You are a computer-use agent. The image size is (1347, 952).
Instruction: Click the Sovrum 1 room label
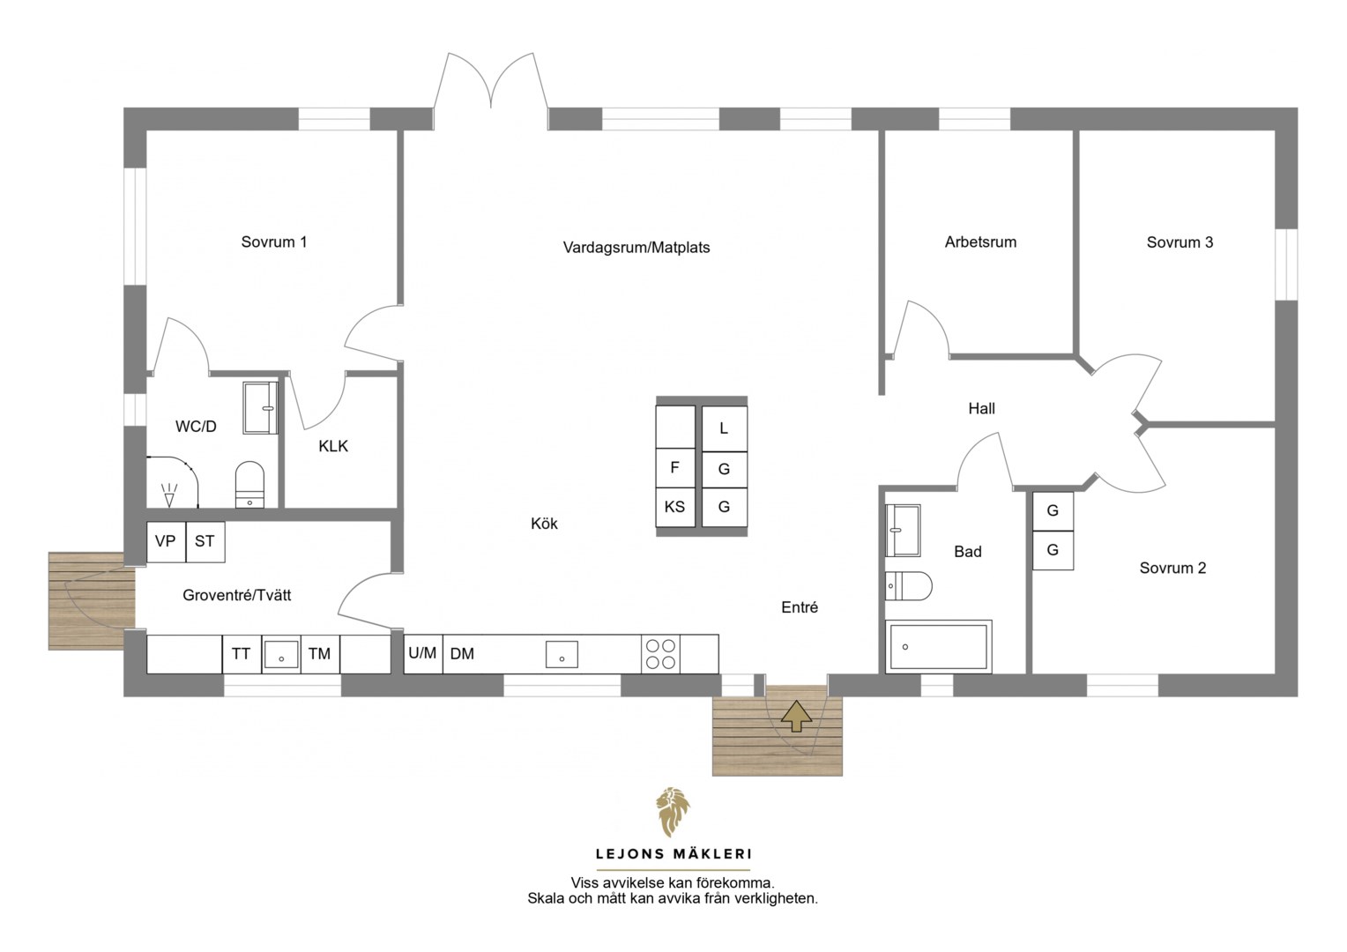[x=273, y=242]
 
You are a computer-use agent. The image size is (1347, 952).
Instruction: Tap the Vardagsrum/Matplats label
[x=636, y=247]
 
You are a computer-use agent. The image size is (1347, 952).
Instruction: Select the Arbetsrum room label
[x=980, y=242]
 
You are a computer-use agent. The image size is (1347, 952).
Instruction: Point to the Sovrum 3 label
[x=1180, y=242]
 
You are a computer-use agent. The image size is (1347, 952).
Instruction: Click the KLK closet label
[x=333, y=446]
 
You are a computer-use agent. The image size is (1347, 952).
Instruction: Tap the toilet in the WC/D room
[x=249, y=485]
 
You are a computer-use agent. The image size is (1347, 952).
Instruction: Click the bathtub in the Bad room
[x=939, y=646]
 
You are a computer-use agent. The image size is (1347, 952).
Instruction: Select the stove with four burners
[x=660, y=654]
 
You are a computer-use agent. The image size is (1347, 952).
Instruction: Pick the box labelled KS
[x=674, y=507]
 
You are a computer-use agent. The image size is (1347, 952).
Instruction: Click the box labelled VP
[x=166, y=541]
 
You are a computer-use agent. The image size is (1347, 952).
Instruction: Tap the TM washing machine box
[x=320, y=654]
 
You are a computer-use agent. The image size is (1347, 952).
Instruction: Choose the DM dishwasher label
[x=462, y=654]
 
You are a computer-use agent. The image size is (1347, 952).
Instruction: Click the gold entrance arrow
[x=796, y=716]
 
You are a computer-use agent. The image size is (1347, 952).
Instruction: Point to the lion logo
[x=673, y=812]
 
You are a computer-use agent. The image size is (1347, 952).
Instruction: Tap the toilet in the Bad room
[x=909, y=586]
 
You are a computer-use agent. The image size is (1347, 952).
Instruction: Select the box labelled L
[x=725, y=428]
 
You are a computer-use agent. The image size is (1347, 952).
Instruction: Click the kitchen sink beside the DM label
[x=562, y=654]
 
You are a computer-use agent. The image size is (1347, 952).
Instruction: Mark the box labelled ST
[x=205, y=541]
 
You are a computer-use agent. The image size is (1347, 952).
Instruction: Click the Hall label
[x=981, y=408]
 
